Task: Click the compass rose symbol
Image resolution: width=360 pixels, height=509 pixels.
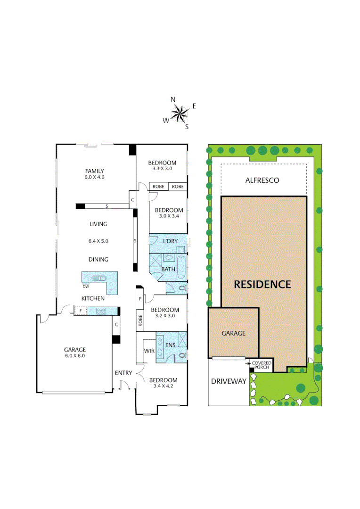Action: [180, 113]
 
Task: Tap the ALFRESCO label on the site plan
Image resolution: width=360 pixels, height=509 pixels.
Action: [262, 180]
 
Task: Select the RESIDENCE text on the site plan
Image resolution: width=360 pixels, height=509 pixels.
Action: [262, 284]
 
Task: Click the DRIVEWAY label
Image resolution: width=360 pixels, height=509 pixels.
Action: [229, 381]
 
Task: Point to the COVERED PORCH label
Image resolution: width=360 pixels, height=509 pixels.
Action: [262, 365]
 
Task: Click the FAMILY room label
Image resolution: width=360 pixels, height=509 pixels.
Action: [94, 171]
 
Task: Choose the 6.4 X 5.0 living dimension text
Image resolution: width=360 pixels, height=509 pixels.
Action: [98, 241]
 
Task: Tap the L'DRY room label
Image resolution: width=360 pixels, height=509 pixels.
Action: [170, 241]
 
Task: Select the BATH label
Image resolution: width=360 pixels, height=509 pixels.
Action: [168, 269]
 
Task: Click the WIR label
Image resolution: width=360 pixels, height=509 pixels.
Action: [149, 351]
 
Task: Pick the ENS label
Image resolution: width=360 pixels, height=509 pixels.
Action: [170, 345]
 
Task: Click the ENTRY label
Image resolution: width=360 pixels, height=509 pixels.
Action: [123, 373]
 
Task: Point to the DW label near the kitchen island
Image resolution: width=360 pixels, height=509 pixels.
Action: [86, 286]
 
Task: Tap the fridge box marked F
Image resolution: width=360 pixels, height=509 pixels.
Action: [81, 311]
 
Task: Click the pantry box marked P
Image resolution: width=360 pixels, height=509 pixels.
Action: [140, 299]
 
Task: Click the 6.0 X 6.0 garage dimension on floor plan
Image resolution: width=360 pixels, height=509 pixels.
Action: [75, 356]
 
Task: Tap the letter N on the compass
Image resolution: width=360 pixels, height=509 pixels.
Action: [173, 99]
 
